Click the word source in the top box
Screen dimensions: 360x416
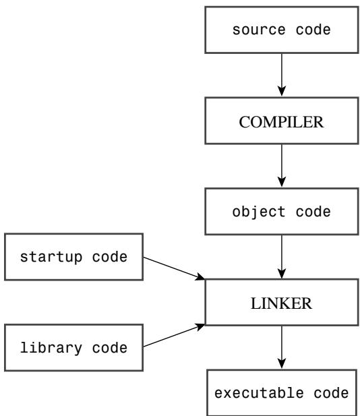point(259,30)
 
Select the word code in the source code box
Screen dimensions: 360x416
point(313,29)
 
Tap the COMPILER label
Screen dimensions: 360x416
point(281,122)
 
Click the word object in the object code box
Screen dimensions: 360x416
point(259,212)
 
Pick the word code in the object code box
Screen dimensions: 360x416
point(313,212)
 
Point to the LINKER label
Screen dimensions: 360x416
point(281,303)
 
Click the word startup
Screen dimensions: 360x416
point(51,258)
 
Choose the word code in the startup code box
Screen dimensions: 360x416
point(110,257)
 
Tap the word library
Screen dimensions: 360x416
point(51,348)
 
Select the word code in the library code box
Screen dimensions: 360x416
point(110,347)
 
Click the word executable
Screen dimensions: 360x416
point(259,393)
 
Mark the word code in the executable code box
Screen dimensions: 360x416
point(331,393)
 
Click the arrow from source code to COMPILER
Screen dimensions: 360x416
point(282,75)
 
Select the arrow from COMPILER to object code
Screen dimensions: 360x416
point(282,166)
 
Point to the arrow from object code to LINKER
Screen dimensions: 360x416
point(282,257)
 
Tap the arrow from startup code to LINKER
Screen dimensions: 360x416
point(174,268)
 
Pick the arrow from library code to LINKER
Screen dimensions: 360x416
point(174,335)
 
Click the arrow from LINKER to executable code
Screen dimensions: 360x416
point(282,347)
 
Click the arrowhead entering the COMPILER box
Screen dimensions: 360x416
point(282,91)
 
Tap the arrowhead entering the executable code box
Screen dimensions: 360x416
point(282,363)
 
